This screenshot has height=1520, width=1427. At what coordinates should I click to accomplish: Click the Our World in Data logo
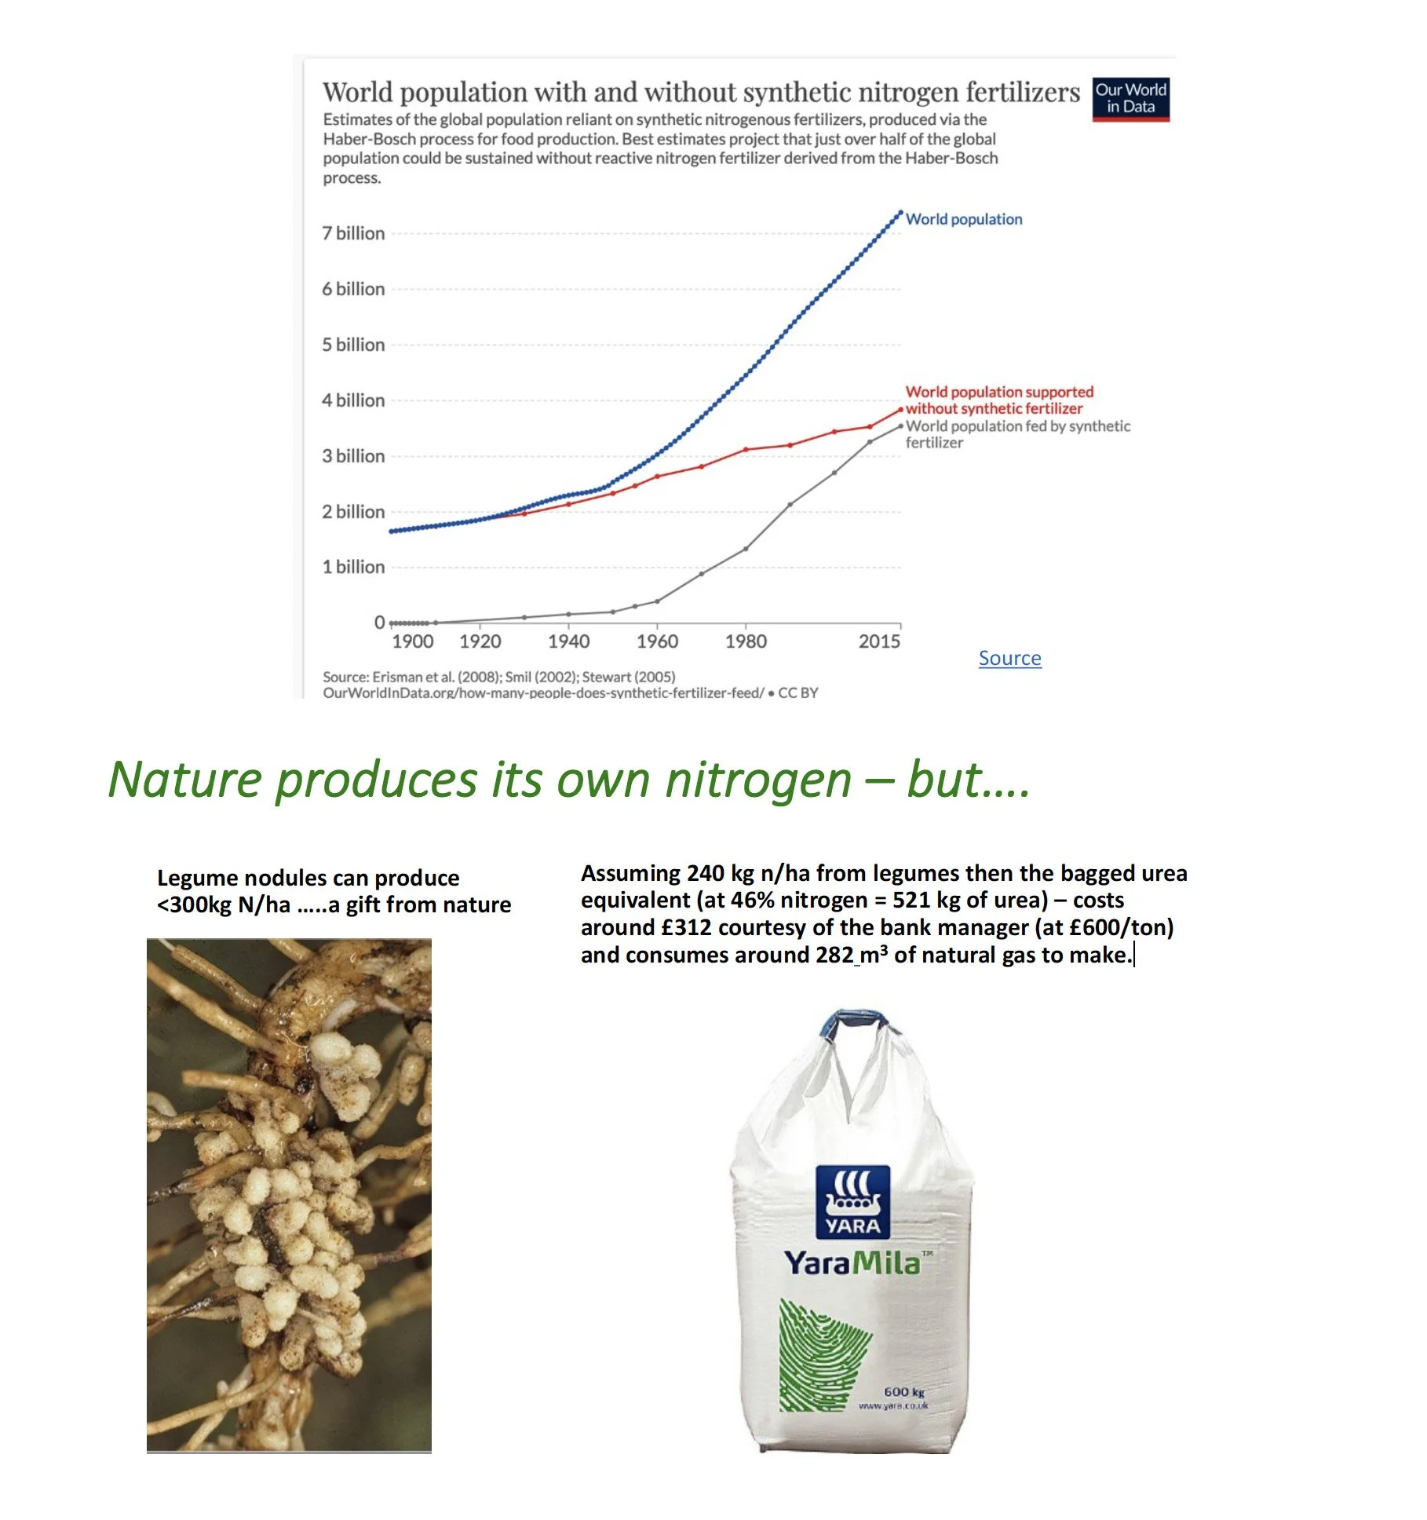1130,99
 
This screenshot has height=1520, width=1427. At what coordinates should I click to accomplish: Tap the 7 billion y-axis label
353,233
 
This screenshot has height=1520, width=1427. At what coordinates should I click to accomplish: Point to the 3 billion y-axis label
353,456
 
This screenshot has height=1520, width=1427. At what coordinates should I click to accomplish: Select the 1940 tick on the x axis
568,641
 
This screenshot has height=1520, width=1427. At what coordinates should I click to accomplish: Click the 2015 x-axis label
879,641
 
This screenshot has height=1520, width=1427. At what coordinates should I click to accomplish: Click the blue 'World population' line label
964,219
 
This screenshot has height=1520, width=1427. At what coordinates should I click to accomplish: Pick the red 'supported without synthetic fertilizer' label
998,400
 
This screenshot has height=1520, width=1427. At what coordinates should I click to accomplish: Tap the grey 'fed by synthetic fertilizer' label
1017,434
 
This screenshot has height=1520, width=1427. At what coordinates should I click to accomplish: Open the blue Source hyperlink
1009,658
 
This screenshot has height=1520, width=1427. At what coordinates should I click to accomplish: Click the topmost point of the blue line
900,212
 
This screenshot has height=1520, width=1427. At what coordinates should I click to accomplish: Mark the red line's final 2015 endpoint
900,410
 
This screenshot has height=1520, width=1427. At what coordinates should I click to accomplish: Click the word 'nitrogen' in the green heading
758,780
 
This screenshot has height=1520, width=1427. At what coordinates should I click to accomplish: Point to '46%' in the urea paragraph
753,901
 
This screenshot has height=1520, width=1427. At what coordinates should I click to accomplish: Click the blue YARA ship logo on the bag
853,1201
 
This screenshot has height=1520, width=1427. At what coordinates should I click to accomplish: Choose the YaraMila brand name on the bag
852,1262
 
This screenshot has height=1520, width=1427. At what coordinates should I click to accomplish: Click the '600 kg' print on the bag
903,1391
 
